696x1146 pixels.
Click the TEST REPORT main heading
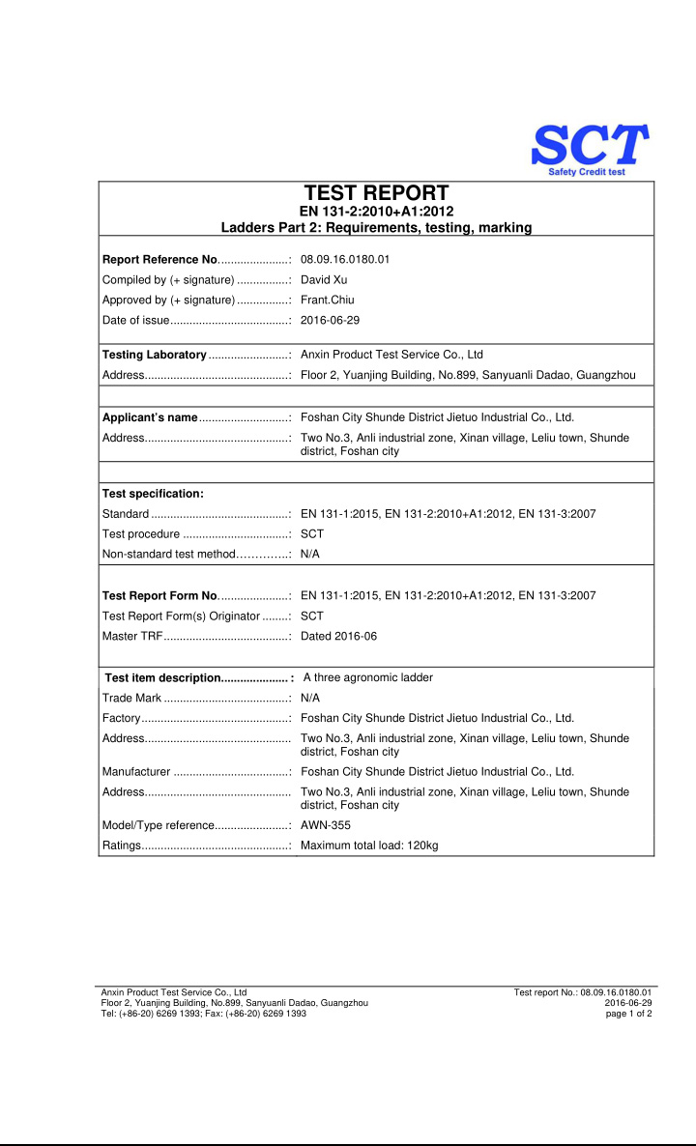[376, 193]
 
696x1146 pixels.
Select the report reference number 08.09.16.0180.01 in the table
[345, 259]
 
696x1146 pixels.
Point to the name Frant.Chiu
[328, 300]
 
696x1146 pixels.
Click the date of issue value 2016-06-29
[330, 320]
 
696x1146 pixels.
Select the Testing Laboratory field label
[155, 355]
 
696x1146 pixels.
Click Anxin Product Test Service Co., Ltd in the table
[391, 355]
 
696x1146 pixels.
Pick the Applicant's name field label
[150, 417]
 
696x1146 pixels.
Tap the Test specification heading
[153, 494]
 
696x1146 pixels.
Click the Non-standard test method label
[169, 554]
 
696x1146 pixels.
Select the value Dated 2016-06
[339, 636]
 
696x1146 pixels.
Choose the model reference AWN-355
[326, 825]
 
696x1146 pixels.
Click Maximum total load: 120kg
[369, 845]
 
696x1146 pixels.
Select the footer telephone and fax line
[204, 1013]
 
